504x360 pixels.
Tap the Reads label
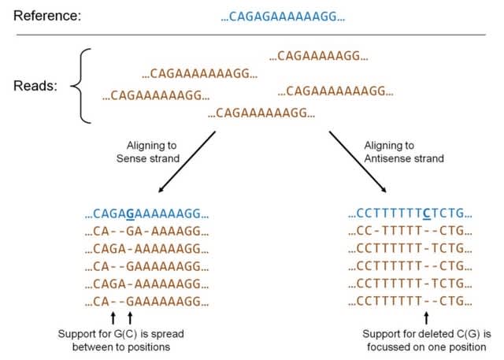tap(35, 86)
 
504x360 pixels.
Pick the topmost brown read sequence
tap(319, 56)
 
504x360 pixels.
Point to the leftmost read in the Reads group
tap(156, 95)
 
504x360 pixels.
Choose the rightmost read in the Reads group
tap(335, 91)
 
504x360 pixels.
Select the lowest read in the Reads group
tap(261, 114)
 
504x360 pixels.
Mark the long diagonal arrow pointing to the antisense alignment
tap(358, 161)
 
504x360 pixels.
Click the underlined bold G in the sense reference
tap(130, 213)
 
